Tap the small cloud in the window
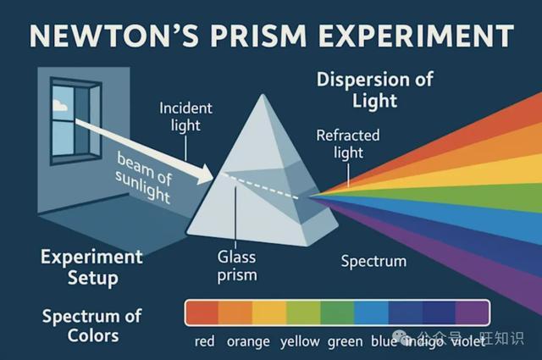click(x=60, y=105)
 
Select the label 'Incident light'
click(x=185, y=117)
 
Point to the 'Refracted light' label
click(x=348, y=144)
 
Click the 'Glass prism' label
click(x=237, y=266)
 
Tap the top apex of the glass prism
click(x=263, y=95)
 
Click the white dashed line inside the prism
click(x=261, y=186)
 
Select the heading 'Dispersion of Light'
click(x=374, y=90)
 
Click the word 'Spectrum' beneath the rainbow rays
click(x=373, y=261)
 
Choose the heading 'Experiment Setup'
click(x=91, y=268)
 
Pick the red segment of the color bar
click(x=202, y=313)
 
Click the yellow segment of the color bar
click(x=269, y=313)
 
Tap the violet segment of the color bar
click(x=472, y=313)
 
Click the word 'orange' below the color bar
click(x=248, y=341)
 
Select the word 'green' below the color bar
click(x=345, y=341)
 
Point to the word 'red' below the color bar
click(x=205, y=341)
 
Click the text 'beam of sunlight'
click(x=143, y=178)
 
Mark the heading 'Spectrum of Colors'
click(x=92, y=326)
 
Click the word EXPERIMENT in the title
click(x=416, y=36)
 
